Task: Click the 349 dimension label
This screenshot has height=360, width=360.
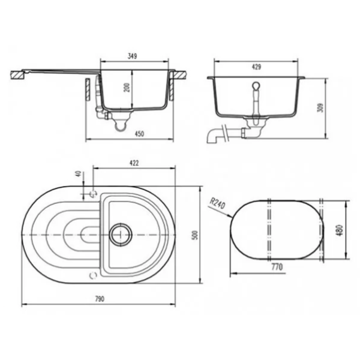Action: tap(132, 56)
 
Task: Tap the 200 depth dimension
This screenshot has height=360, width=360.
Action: tap(127, 88)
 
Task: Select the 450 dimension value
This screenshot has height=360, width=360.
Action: tap(139, 134)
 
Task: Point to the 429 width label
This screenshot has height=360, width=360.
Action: tap(256, 67)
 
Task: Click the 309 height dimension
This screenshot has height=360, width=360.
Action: tap(320, 107)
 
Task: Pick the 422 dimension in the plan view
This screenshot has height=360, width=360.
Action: tap(134, 163)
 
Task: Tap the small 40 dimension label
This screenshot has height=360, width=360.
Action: tap(79, 173)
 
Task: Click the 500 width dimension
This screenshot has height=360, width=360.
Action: tap(194, 235)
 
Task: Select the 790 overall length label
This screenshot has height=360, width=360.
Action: tap(100, 299)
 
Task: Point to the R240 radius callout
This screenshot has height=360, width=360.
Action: tap(217, 203)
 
